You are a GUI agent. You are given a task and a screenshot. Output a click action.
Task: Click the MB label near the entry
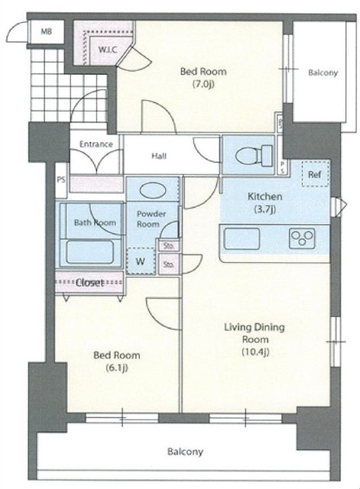[x=46, y=31]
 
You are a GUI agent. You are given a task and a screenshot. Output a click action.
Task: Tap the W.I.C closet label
[x=108, y=49]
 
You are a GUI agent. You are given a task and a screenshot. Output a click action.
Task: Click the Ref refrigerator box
[x=315, y=174]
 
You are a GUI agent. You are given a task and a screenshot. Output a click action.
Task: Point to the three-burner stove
[x=302, y=238]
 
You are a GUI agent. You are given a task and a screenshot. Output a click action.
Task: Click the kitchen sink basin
[x=242, y=239]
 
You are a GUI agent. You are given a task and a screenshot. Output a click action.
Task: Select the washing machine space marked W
[x=141, y=261]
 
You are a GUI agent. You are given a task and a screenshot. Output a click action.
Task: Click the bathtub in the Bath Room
[x=90, y=252]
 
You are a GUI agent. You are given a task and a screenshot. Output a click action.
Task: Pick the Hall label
[x=159, y=156]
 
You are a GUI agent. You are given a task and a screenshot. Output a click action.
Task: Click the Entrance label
[x=96, y=144]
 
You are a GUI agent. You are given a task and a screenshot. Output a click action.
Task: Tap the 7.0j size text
[x=203, y=84]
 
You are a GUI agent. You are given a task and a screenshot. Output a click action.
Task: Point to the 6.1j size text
[x=117, y=368]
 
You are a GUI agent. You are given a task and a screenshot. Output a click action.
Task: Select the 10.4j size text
[x=255, y=351]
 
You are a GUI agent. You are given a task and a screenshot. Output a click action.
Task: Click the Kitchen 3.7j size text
[x=265, y=209]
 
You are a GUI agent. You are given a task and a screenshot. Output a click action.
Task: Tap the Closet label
[x=89, y=283]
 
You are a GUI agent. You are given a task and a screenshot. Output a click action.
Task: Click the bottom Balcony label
[x=185, y=452]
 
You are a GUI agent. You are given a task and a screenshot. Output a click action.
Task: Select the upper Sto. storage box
[x=169, y=245]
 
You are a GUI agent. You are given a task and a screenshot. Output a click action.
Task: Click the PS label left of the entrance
[x=61, y=180]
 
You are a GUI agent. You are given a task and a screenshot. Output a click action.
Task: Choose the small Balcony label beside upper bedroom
[x=323, y=73]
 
